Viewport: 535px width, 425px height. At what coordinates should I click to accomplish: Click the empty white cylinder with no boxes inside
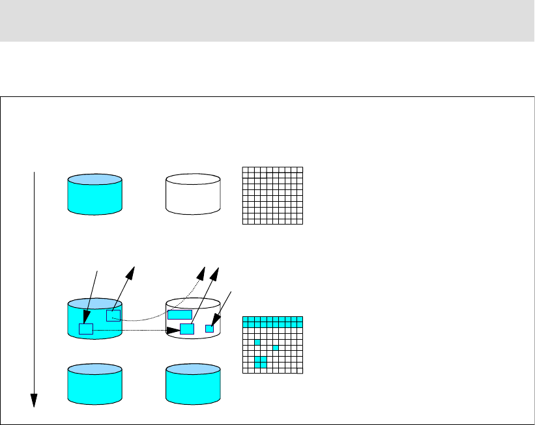[194, 194]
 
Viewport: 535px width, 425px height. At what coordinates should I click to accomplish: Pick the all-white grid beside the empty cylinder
[272, 196]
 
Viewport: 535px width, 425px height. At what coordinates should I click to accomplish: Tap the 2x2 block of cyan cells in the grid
[261, 362]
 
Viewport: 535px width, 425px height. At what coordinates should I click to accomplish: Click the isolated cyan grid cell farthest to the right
[276, 348]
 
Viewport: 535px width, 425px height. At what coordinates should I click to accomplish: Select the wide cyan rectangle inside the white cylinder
[179, 315]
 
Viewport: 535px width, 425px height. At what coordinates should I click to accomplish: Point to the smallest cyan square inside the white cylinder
[209, 329]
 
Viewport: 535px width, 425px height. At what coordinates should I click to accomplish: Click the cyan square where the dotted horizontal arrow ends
[187, 329]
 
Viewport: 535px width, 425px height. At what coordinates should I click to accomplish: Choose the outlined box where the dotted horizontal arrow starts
[86, 329]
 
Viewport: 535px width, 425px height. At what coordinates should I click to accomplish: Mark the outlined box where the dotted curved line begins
[113, 316]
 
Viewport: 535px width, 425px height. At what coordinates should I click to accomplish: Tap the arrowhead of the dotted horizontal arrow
[176, 330]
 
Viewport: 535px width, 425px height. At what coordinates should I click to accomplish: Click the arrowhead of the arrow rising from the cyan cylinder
[132, 271]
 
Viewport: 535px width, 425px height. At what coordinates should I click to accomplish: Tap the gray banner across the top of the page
[267, 21]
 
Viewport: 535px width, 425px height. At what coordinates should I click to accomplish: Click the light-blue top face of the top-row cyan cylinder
[94, 180]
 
